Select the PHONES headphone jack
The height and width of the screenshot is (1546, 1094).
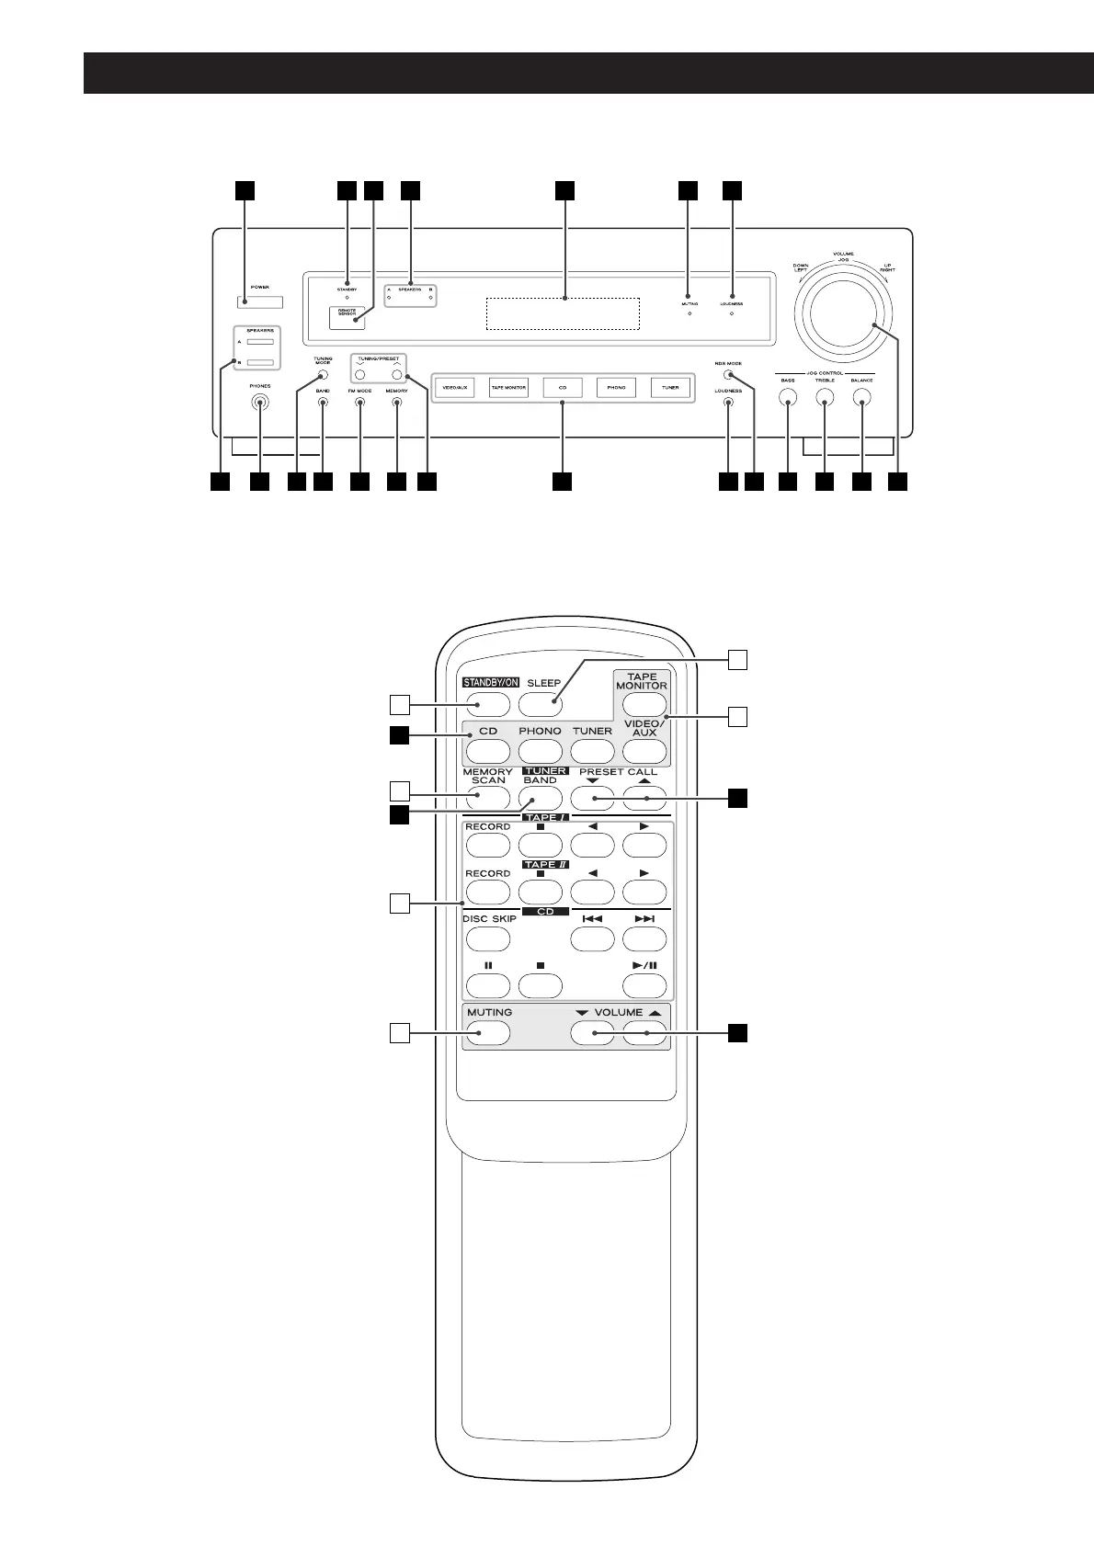click(x=260, y=402)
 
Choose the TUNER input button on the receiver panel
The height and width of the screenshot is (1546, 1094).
click(x=670, y=388)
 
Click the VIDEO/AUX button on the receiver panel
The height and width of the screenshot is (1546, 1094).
click(x=455, y=388)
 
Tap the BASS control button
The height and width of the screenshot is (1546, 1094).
click(x=788, y=398)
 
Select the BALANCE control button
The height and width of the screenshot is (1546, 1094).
click(x=861, y=398)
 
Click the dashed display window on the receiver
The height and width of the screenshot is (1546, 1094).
click(x=563, y=313)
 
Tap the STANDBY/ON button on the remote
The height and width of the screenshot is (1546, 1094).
click(x=487, y=705)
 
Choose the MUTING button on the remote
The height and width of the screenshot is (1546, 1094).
click(x=487, y=1034)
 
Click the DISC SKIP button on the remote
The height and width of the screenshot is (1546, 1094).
click(x=487, y=938)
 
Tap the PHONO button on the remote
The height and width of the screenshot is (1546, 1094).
click(x=540, y=751)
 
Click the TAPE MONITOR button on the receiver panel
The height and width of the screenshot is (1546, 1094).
click(x=508, y=388)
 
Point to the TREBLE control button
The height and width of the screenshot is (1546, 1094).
click(x=825, y=398)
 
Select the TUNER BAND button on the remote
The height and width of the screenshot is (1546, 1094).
click(x=540, y=797)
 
